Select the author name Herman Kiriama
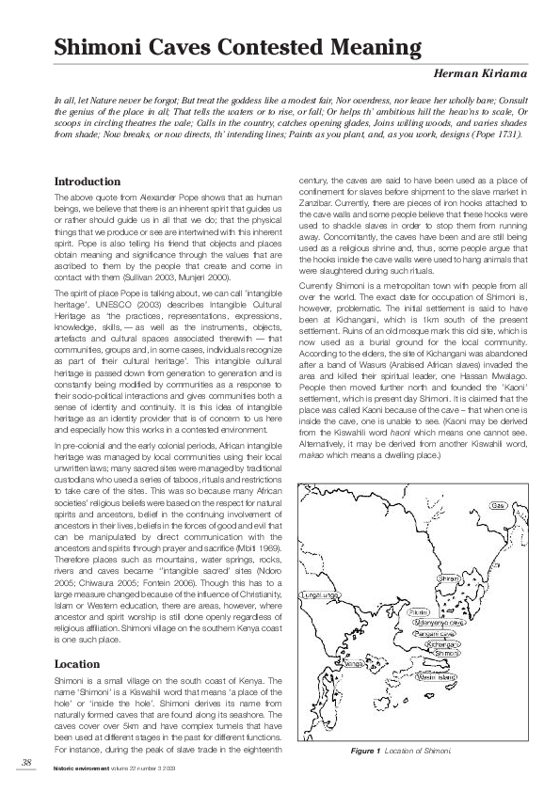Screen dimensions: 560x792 coord(478,72)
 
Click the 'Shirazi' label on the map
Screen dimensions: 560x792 coord(451,578)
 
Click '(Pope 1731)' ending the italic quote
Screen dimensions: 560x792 coord(498,134)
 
